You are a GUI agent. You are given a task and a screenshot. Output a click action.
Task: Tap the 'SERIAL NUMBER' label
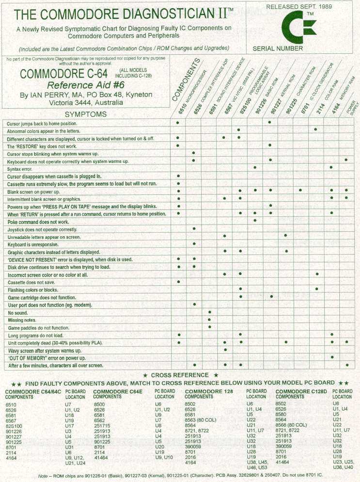pyautogui.click(x=278, y=48)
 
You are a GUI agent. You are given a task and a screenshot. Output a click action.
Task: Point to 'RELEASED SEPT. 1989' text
pyautogui.click(x=296, y=7)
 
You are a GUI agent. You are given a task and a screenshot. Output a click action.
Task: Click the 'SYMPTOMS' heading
pyautogui.click(x=86, y=114)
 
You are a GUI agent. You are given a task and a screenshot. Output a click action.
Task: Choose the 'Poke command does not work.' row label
pyautogui.click(x=38, y=221)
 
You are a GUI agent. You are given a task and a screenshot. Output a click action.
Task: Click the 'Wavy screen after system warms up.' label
pyautogui.click(x=45, y=350)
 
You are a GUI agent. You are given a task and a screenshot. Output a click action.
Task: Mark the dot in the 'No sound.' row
pyautogui.click(x=210, y=312)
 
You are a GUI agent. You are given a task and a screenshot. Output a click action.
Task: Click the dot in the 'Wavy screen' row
pyautogui.click(x=225, y=350)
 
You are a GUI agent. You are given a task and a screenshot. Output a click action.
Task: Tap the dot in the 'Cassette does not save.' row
pyautogui.click(x=179, y=281)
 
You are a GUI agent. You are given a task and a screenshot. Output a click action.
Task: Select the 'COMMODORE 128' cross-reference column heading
pyautogui.click(x=208, y=391)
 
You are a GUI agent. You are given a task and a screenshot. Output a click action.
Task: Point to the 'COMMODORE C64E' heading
pyautogui.click(x=115, y=391)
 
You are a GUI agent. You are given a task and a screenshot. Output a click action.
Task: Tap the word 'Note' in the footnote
pyautogui.click(x=43, y=475)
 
